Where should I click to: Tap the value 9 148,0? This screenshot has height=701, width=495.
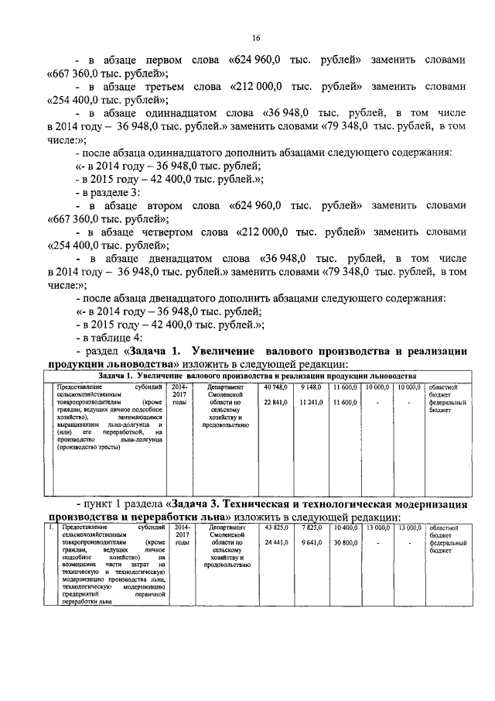310,387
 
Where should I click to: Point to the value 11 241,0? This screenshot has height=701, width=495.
309,402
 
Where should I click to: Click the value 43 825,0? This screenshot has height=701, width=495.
276,527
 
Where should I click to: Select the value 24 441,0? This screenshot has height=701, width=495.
276,544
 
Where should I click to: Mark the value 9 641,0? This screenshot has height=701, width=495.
311,544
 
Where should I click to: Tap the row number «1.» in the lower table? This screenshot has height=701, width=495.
51,527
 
